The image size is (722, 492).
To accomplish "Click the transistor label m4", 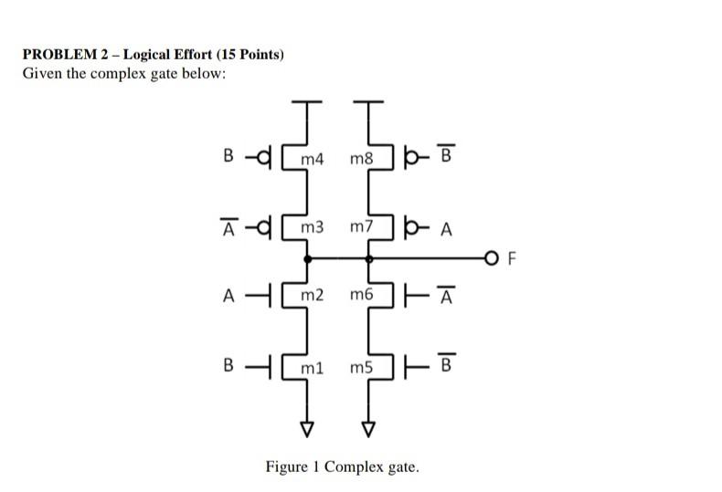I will [x=313, y=160].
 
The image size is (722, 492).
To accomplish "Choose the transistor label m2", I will [x=313, y=295].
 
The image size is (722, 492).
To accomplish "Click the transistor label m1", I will [x=313, y=367].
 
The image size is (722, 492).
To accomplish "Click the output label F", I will [x=512, y=260].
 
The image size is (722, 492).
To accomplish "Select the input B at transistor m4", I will [x=228, y=156].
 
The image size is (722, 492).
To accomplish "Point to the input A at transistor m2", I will [x=228, y=295].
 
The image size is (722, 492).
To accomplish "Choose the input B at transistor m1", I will [x=228, y=367].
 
